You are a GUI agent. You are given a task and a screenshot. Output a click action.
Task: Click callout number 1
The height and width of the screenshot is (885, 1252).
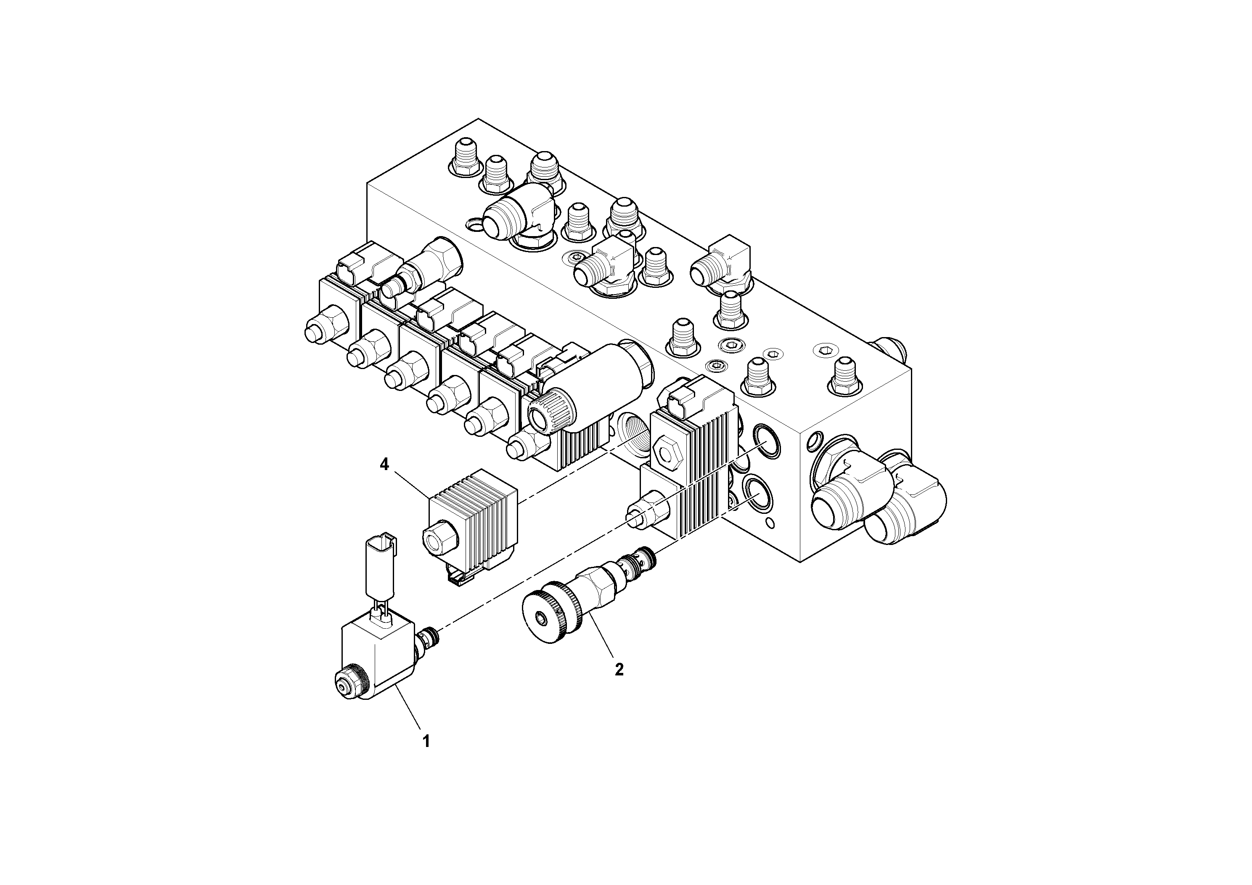pos(426,741)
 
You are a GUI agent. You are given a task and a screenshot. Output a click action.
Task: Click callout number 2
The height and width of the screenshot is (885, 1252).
pos(619,670)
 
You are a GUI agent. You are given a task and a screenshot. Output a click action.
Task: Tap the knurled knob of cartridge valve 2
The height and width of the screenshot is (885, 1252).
pos(549,616)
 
